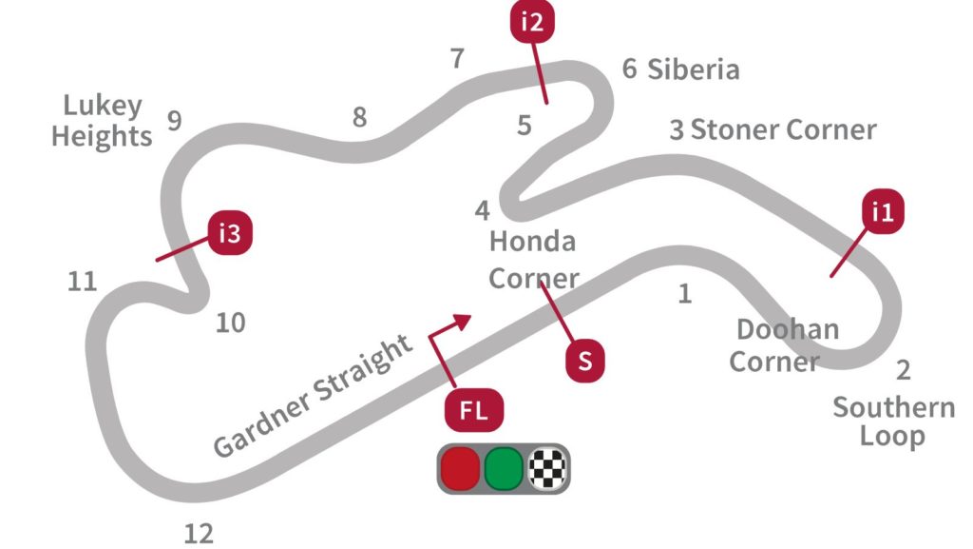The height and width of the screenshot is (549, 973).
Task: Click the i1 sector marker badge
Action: pyautogui.click(x=883, y=213)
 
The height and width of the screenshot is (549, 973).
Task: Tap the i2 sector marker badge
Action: pyautogui.click(x=533, y=23)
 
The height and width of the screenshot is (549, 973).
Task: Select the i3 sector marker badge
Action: pyautogui.click(x=229, y=234)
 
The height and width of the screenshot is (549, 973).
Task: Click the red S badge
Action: pyautogui.click(x=585, y=362)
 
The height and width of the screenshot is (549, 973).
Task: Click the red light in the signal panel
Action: pyautogui.click(x=459, y=468)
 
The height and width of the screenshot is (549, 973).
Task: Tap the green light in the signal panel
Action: pyautogui.click(x=504, y=468)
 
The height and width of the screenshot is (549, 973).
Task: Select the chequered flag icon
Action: pyautogui.click(x=547, y=468)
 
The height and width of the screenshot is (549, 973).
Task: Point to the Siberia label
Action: pyautogui.click(x=693, y=69)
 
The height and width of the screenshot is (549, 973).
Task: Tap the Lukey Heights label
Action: pyautogui.click(x=102, y=121)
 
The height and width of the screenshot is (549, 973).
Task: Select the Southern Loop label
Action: pyautogui.click(x=893, y=422)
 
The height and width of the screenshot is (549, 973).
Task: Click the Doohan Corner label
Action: pyautogui.click(x=787, y=345)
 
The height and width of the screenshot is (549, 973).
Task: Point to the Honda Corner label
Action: pyautogui.click(x=533, y=260)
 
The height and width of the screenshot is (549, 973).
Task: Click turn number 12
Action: pyautogui.click(x=199, y=534)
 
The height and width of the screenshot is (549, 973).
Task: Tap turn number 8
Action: pyautogui.click(x=359, y=117)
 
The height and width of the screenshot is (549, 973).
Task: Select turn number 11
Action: pyautogui.click(x=83, y=282)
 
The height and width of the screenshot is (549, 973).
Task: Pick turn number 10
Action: pyautogui.click(x=230, y=324)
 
